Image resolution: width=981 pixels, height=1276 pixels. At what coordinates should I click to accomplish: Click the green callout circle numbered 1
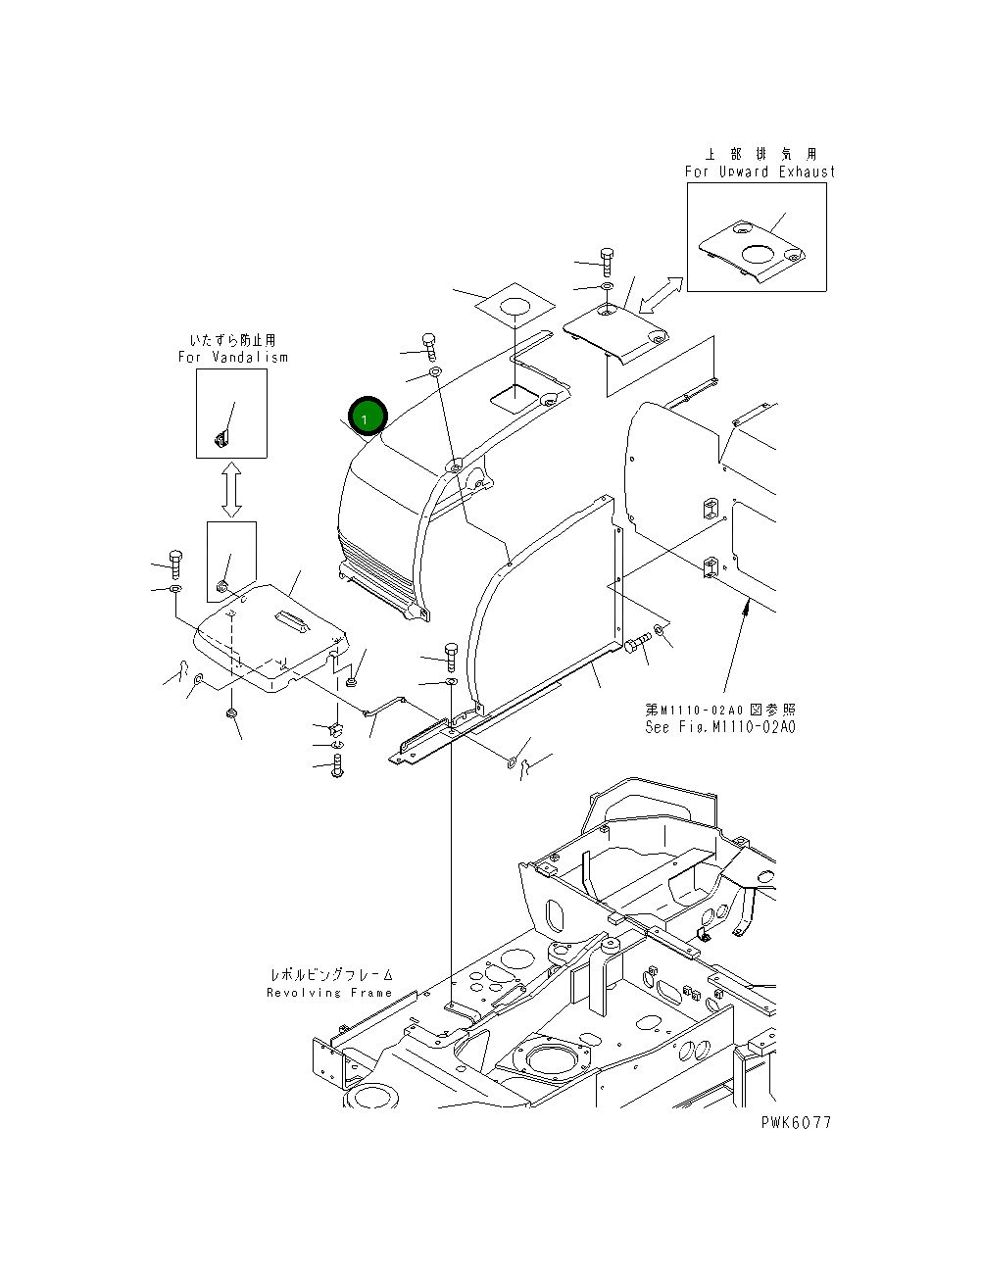pyautogui.click(x=365, y=417)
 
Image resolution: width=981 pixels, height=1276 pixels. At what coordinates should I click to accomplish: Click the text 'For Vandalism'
pyautogui.click(x=232, y=358)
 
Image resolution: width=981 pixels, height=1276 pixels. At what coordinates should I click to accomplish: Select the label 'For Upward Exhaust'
pyautogui.click(x=760, y=172)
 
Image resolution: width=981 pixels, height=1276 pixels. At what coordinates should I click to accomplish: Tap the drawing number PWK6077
pyautogui.click(x=795, y=1122)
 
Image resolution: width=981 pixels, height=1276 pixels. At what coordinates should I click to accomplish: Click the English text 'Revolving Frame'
pyautogui.click(x=329, y=993)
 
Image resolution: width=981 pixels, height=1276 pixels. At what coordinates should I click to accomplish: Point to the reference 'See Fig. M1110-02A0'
pyautogui.click(x=720, y=727)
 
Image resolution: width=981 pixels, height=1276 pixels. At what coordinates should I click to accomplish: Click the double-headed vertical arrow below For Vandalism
pyautogui.click(x=231, y=490)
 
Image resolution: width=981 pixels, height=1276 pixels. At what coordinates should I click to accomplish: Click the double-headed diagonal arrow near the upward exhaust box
pyautogui.click(x=662, y=294)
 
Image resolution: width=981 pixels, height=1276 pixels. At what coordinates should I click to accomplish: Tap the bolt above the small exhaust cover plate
pyautogui.click(x=607, y=260)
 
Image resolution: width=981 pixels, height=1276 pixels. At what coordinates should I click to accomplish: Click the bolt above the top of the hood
pyautogui.click(x=429, y=346)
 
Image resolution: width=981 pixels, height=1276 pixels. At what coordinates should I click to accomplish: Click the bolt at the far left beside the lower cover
pyautogui.click(x=175, y=563)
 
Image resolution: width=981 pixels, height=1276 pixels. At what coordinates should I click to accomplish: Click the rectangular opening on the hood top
pyautogui.click(x=515, y=398)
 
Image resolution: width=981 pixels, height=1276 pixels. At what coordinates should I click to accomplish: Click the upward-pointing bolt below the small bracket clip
pyautogui.click(x=338, y=765)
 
